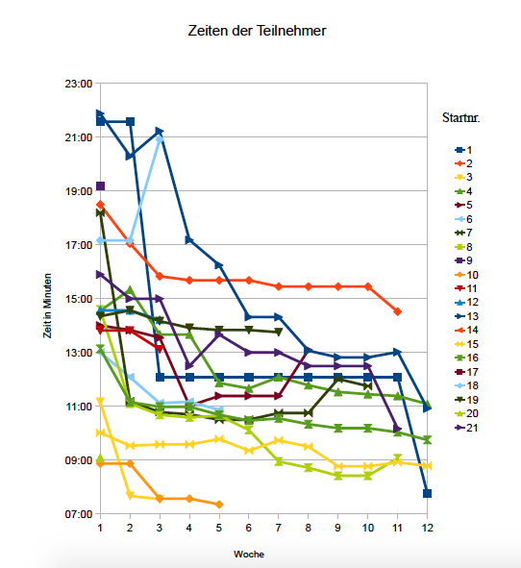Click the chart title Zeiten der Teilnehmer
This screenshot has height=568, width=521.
[x=260, y=32]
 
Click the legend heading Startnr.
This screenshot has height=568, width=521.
[x=461, y=119]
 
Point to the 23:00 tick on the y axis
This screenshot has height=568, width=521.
[x=78, y=84]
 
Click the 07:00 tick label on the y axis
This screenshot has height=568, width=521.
[x=78, y=514]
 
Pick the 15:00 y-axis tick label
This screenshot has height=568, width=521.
[x=78, y=299]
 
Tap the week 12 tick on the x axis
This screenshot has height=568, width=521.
[x=427, y=528]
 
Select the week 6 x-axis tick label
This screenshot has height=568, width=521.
[x=248, y=528]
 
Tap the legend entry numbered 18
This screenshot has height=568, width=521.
[x=471, y=384]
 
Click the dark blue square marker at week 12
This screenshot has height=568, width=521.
[x=427, y=493]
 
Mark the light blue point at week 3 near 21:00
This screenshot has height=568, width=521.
[x=160, y=138]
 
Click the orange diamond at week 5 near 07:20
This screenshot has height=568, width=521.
[x=219, y=504]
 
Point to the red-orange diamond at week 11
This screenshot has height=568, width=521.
[x=397, y=311]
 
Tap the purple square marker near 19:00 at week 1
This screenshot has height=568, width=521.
[x=100, y=185]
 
